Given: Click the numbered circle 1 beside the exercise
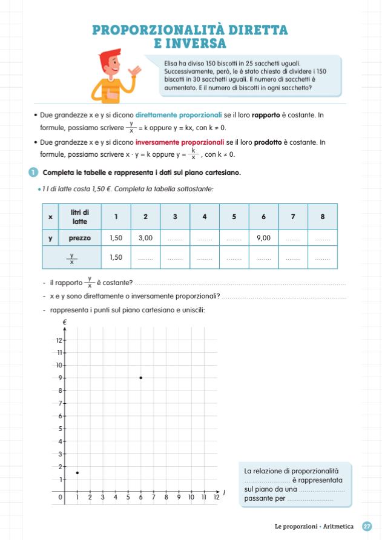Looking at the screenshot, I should tap(33, 173).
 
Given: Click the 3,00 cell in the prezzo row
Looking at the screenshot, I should tap(145, 238).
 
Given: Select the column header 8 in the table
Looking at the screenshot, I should tap(322, 216).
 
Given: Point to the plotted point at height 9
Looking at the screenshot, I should tap(140, 378).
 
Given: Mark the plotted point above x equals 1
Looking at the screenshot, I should tap(77, 472).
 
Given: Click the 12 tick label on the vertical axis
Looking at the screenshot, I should tap(59, 340).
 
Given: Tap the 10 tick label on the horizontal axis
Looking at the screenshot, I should tap(191, 497).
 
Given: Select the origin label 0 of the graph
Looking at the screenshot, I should tap(60, 497).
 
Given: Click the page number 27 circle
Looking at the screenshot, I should tap(367, 527).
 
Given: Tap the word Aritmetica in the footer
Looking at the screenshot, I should tap(338, 527).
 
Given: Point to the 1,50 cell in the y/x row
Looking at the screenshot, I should tap(116, 257).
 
